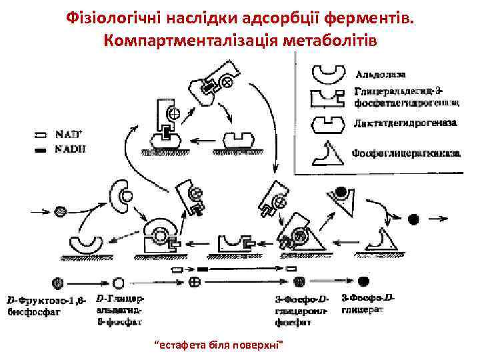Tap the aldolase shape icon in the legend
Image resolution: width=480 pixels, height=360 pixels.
coord(329,72)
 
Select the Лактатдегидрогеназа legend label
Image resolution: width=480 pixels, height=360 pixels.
coord(399,123)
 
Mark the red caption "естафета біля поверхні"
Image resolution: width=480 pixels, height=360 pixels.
coord(219,344)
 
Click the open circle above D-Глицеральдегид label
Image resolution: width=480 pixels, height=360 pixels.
coord(119,282)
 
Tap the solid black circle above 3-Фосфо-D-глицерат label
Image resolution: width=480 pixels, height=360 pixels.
coord(364,281)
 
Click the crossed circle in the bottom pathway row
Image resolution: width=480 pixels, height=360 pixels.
coord(196,281)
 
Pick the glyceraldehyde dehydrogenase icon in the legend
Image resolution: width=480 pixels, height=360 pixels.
coord(329,98)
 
